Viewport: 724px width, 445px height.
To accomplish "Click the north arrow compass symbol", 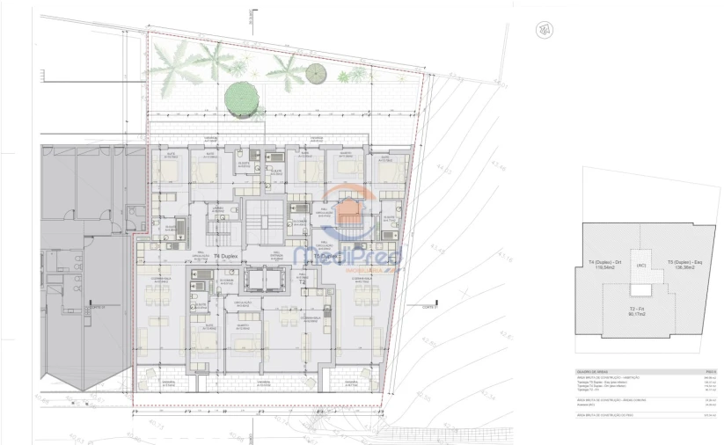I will tap(545, 29).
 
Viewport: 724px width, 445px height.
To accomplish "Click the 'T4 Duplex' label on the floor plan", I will tap(227, 256).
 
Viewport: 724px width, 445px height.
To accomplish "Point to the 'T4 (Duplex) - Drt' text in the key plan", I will tap(604, 263).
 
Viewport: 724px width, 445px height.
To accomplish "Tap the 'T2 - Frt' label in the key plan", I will tap(639, 310).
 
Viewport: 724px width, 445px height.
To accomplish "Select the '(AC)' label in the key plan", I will tap(641, 266).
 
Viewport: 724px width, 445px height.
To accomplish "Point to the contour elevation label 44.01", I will tap(501, 84).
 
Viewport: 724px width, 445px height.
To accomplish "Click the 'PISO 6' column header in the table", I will tap(712, 371).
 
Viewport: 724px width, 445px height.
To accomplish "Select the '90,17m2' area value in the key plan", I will tap(639, 317).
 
